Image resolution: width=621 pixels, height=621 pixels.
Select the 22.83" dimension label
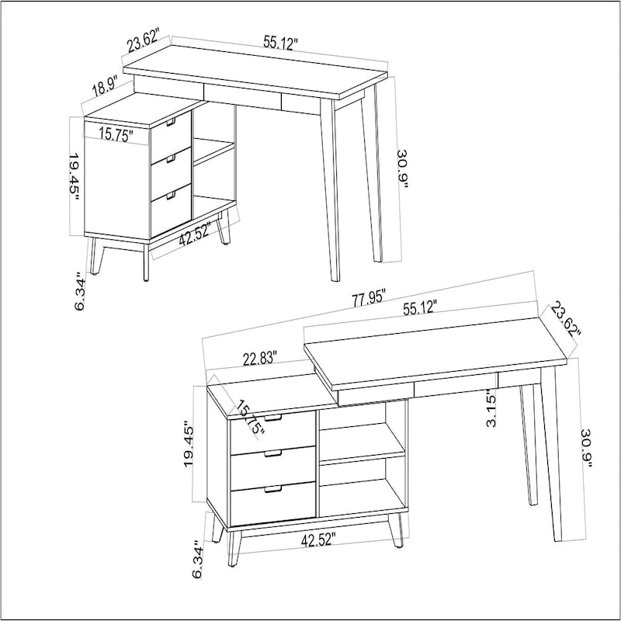point(261,358)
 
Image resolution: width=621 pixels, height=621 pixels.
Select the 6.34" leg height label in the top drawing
point(79,291)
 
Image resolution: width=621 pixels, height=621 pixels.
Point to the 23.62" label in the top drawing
point(143,40)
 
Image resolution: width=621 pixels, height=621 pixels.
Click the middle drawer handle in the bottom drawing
point(272,454)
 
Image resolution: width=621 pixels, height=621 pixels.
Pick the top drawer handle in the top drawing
point(172,122)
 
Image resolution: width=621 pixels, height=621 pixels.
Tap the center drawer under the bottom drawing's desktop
point(453,388)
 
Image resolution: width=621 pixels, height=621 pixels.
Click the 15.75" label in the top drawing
point(116,134)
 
